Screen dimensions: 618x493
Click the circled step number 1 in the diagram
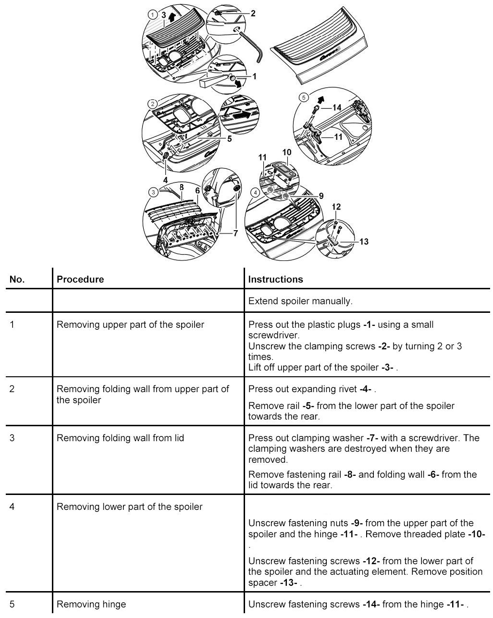[x=152, y=15]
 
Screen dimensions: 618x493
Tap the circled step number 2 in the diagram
[x=152, y=104]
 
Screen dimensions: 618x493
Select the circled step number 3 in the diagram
[x=153, y=192]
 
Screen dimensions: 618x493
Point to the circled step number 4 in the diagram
[x=256, y=192]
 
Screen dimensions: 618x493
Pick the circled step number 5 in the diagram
[x=303, y=97]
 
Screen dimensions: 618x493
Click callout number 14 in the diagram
[x=337, y=108]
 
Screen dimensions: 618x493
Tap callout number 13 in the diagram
[x=364, y=241]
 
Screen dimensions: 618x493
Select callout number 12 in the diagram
[x=336, y=207]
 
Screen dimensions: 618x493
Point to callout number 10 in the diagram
[x=287, y=152]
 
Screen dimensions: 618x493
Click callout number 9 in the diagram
[x=321, y=196]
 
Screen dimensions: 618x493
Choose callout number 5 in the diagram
[x=229, y=139]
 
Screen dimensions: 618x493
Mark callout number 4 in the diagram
[x=165, y=179]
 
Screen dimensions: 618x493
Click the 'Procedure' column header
[x=80, y=279]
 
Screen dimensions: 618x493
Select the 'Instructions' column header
[x=275, y=279]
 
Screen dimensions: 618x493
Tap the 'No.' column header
[x=17, y=279]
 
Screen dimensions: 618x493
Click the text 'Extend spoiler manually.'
[x=300, y=301]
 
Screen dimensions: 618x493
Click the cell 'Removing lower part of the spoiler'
[x=129, y=507]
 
